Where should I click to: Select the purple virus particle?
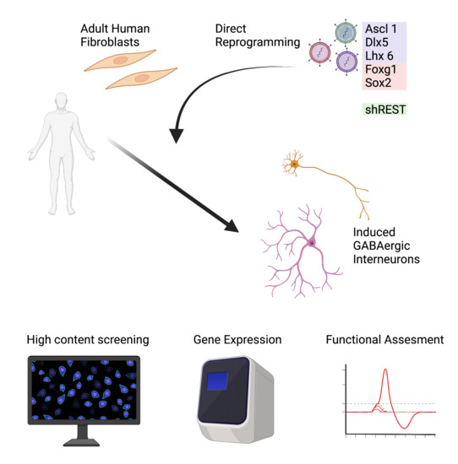point(347,64)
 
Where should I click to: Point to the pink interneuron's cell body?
point(312,243)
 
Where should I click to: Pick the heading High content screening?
point(88,341)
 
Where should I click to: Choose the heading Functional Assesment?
point(384,341)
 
